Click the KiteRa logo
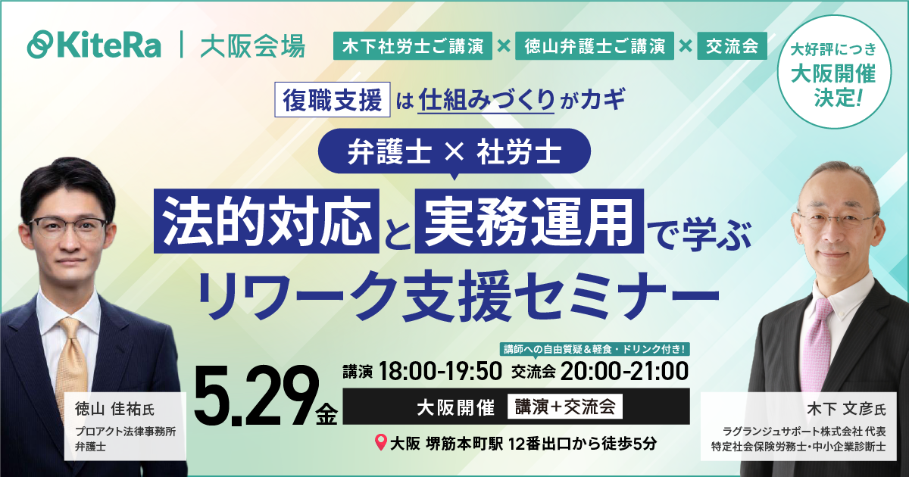pos(94,45)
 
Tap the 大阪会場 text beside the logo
pos(253,45)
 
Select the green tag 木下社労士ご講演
pos(412,46)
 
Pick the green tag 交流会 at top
pos(731,46)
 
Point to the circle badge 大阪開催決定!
pos(832,74)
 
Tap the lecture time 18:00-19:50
pos(440,370)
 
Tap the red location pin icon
pos(381,442)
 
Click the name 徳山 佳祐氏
pos(114,410)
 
